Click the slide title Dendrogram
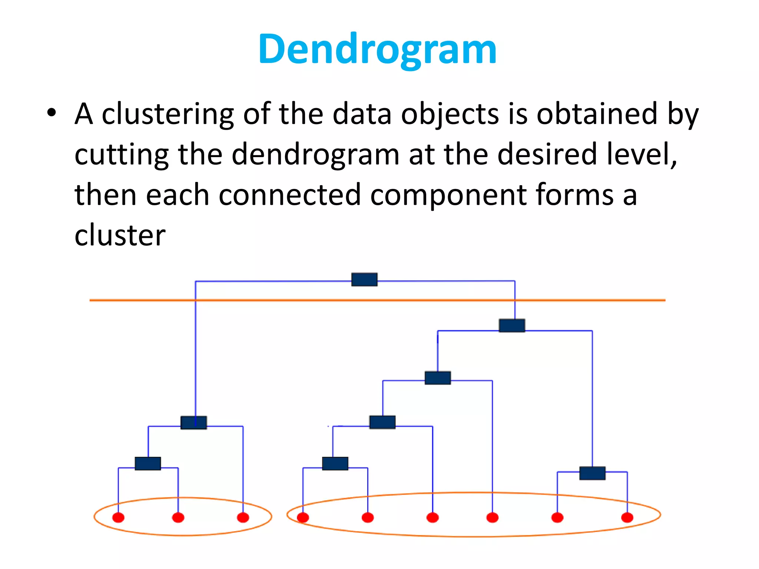point(377,50)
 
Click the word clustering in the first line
point(168,114)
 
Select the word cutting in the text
point(122,155)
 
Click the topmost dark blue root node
point(364,280)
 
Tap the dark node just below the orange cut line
point(512,325)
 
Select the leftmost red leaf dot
point(118,517)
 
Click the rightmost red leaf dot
point(627,517)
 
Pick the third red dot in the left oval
point(243,517)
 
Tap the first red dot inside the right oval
point(303,517)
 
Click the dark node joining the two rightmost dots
point(592,473)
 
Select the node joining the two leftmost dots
point(148,463)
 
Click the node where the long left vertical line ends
point(193,422)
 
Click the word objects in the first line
point(450,114)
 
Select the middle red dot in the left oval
point(178,517)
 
